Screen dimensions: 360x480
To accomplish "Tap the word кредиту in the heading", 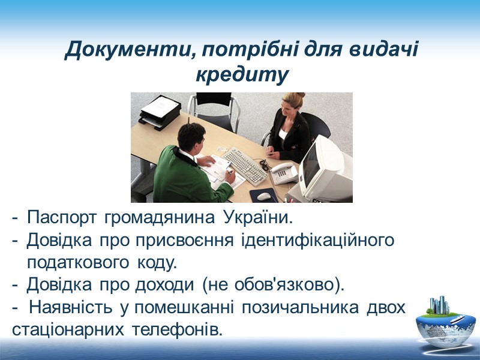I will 242,76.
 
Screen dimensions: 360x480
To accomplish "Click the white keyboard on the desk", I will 245,166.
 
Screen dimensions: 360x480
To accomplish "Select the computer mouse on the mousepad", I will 264,196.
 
